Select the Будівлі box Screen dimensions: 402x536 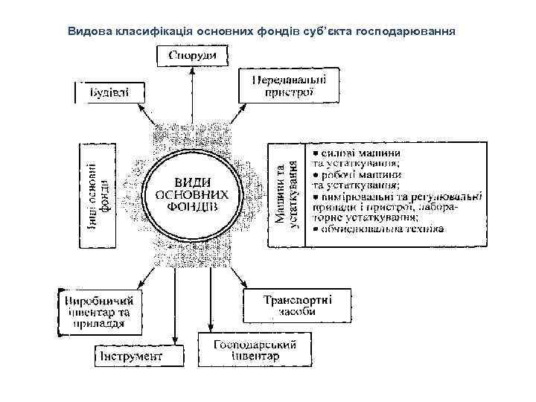(109, 92)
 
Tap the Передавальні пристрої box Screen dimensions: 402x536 (287, 86)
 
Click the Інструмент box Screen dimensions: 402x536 (139, 357)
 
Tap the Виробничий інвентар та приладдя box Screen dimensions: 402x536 (98, 307)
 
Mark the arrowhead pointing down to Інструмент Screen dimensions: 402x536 (174, 341)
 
